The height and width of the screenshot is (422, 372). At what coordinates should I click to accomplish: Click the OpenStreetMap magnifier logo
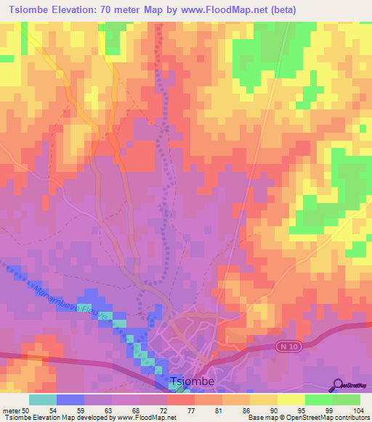coord(339,384)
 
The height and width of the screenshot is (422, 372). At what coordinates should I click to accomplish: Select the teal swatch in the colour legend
coord(43,400)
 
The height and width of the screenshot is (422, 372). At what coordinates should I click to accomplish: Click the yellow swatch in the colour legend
coord(291,400)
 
